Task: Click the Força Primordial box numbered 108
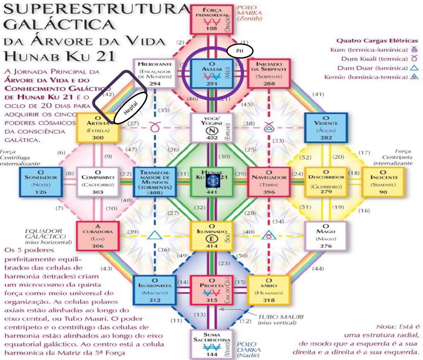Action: (x=211, y=19)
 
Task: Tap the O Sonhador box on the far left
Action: (x=40, y=181)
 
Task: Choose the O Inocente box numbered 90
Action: (x=383, y=181)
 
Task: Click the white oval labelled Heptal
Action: (x=131, y=108)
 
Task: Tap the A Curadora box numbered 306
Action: (x=98, y=235)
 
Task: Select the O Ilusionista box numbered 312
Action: (x=154, y=289)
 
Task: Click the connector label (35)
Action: (x=164, y=111)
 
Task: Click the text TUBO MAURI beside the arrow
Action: (x=275, y=317)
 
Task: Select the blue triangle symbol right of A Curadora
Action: (x=154, y=235)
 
